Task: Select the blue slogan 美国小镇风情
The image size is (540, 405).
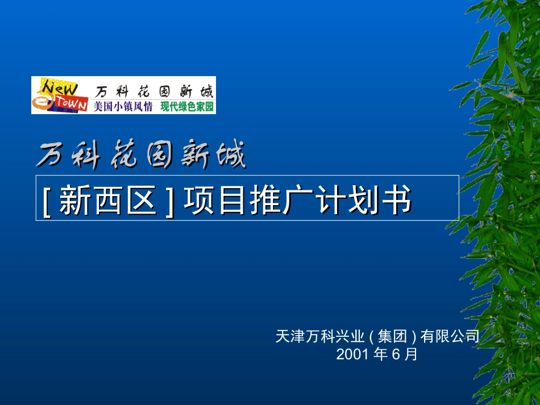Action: [123, 106]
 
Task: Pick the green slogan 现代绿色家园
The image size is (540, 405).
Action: [187, 106]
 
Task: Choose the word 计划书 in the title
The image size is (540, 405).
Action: [363, 201]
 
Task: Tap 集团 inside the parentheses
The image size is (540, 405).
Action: [393, 336]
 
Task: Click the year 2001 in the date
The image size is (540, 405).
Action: [352, 354]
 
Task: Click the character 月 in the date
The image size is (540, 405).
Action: [411, 354]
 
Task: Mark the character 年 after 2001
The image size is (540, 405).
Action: [379, 354]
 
